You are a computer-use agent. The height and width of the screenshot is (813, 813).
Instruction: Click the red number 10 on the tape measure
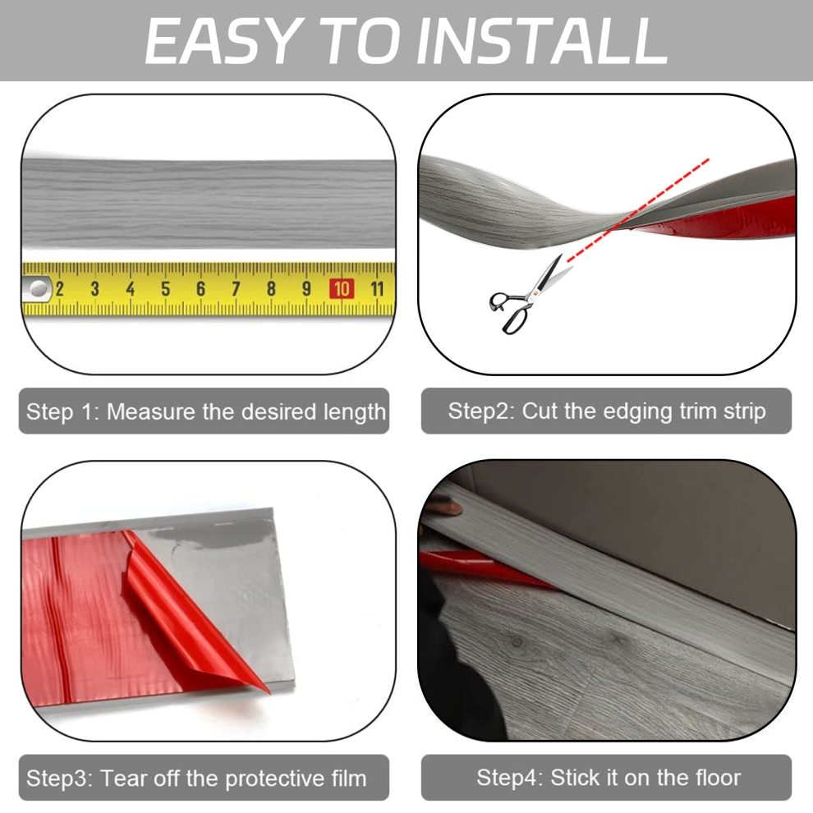pyautogui.click(x=342, y=289)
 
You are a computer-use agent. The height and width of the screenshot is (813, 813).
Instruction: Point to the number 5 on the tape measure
pyautogui.click(x=165, y=289)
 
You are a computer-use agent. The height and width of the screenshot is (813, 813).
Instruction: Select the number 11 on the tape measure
pyautogui.click(x=377, y=289)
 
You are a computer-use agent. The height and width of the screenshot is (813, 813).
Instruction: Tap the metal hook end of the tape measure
pyautogui.click(x=37, y=289)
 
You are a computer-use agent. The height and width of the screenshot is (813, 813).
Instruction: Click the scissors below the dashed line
pyautogui.click(x=529, y=295)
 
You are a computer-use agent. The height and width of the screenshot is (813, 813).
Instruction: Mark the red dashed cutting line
pyautogui.click(x=638, y=210)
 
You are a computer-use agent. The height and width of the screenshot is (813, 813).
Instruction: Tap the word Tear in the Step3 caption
pyautogui.click(x=121, y=779)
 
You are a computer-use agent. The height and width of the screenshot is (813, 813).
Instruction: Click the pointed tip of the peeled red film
pyautogui.click(x=269, y=693)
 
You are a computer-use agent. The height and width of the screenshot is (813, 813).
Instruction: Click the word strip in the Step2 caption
pyautogui.click(x=744, y=412)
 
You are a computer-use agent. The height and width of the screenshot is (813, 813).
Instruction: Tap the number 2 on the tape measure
pyautogui.click(x=60, y=289)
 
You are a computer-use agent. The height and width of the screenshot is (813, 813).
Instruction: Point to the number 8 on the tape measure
pyautogui.click(x=271, y=289)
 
